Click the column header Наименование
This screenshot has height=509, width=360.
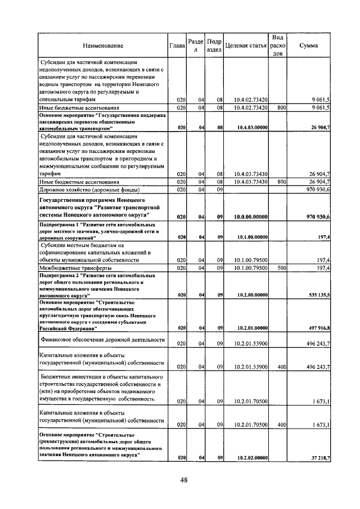[x=103, y=45]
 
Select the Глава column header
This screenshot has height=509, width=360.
[x=177, y=45]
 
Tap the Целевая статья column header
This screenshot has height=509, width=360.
[x=245, y=45]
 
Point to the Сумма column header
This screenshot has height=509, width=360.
[x=309, y=45]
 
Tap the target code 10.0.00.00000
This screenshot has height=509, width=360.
[x=251, y=217]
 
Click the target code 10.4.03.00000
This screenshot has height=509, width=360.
[x=251, y=128]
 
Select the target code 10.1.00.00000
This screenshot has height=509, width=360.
[x=251, y=238]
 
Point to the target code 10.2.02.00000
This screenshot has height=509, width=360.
[x=251, y=458]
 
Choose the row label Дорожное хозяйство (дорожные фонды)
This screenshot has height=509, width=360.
[x=80, y=190]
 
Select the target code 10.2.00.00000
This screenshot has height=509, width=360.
[x=251, y=295]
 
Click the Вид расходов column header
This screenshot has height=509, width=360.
[x=277, y=45]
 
